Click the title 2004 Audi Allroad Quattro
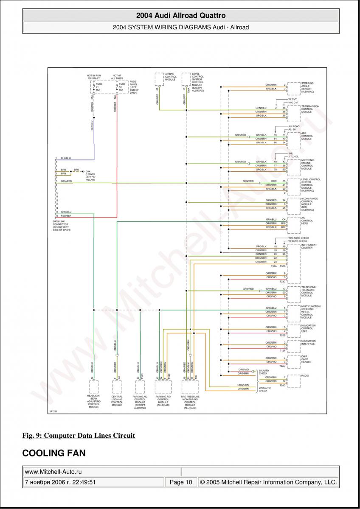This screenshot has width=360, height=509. pyautogui.click(x=180, y=16)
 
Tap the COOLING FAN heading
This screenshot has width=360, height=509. pyautogui.click(x=54, y=453)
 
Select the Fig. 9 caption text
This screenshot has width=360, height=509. pyautogui.click(x=79, y=435)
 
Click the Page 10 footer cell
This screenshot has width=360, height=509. pyautogui.click(x=181, y=482)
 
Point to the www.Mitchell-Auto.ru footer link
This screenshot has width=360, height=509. pyautogui.click(x=53, y=472)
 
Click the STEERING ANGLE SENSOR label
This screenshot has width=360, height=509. pyautogui.click(x=307, y=87)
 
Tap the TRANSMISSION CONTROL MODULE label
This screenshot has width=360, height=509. pyautogui.click(x=310, y=109)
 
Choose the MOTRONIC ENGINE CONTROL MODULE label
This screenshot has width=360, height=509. pyautogui.click(x=308, y=164)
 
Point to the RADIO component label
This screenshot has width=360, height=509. pyautogui.click(x=305, y=376)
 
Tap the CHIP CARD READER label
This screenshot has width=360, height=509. pyautogui.click(x=307, y=359)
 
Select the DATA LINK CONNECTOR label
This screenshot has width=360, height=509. pyautogui.click(x=62, y=225)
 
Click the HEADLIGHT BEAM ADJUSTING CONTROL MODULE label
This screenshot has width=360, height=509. pyautogui.click(x=94, y=401)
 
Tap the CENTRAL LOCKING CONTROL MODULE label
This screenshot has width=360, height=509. pyautogui.click(x=117, y=400)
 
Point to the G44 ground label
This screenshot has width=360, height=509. pyautogui.click(x=90, y=175)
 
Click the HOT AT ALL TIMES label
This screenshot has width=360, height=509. pyautogui.click(x=117, y=77)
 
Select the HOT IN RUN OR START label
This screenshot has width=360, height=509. pyautogui.click(x=94, y=77)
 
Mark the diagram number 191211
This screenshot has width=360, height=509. pyautogui.click(x=53, y=411)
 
